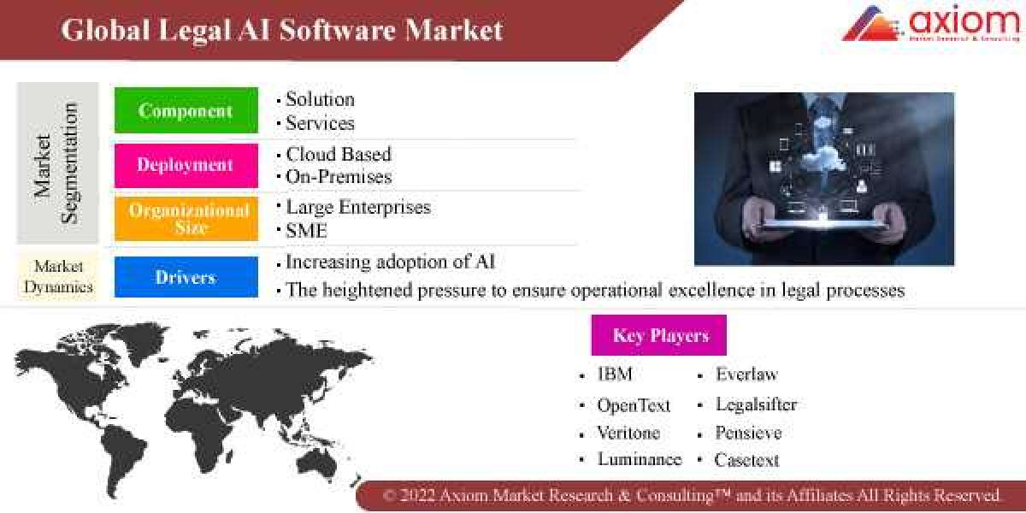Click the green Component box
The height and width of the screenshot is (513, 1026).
pos(186,110)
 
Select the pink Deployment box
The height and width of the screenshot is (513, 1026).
pos(186,165)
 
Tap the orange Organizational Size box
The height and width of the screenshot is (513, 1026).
pos(186,219)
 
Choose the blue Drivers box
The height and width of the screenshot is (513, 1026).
pos(186,277)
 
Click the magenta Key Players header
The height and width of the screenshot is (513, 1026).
pos(659,335)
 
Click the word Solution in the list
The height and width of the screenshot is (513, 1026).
pos(320,99)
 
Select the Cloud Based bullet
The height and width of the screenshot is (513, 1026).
pos(338,154)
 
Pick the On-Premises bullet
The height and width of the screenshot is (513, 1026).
pos(338,177)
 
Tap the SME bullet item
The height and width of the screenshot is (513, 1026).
pos(306,230)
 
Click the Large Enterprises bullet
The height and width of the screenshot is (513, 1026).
pos(357,207)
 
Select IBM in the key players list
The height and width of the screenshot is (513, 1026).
pos(615,374)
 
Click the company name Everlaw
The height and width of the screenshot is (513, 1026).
pos(746,374)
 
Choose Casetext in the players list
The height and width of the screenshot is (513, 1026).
pos(746,460)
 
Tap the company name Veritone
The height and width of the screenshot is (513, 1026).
pos(628,433)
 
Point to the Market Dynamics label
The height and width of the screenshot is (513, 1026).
pos(58,277)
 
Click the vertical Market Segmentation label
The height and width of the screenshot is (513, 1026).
pos(56,163)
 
